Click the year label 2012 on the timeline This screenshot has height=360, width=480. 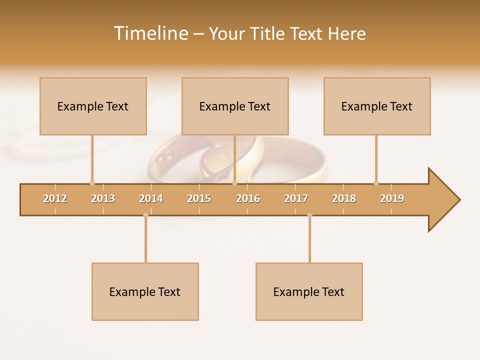pos(55,198)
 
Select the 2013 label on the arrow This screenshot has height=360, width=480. pos(103,198)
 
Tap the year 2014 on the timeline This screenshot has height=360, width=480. pos(151,198)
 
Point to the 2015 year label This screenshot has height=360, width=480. pos(199,198)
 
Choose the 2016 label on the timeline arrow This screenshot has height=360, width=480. pos(248,198)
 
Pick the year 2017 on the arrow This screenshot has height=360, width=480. pos(296,198)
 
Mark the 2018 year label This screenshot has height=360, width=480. pos(344,198)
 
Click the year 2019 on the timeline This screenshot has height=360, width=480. pos(392,198)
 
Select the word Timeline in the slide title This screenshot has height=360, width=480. pos(150,33)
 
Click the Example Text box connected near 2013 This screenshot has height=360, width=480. pos(93,106)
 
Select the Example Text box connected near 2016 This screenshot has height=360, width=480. pos(235,106)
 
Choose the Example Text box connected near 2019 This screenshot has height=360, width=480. pos(377,106)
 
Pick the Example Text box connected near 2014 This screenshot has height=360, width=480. pos(145,291)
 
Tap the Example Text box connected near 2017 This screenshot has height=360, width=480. pos(309,291)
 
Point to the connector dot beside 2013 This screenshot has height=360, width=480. pos(92,183)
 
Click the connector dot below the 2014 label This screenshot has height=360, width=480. pos(145,215)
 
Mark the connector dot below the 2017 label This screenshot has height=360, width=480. pos(309,215)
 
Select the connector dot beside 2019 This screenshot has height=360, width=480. pos(376,183)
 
